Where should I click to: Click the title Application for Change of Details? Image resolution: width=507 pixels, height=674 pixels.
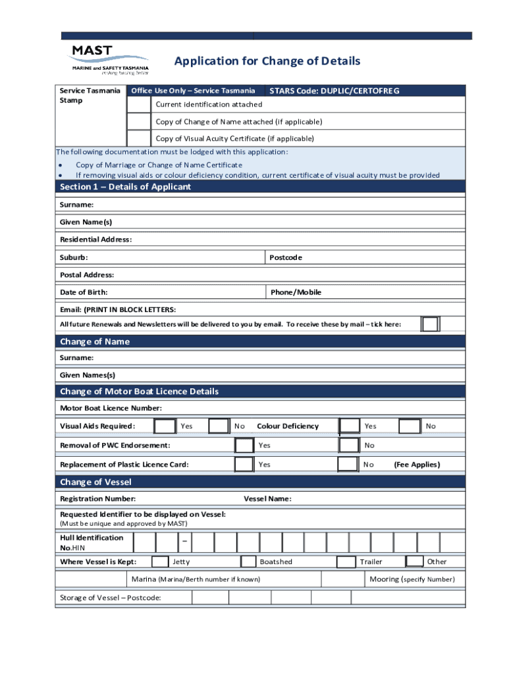tap(267, 61)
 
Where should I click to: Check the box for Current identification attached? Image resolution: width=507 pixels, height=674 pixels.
tap(138, 105)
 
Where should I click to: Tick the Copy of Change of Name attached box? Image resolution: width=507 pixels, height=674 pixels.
tap(138, 122)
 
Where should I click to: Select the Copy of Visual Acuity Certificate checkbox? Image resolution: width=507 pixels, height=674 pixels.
tap(138, 138)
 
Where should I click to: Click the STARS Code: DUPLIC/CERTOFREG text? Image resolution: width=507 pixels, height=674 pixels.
tap(334, 91)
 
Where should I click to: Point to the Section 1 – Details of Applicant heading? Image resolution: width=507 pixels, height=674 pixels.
tap(125, 187)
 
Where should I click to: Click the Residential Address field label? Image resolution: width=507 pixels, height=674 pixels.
tap(95, 240)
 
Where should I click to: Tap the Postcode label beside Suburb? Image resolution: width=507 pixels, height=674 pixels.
tap(286, 257)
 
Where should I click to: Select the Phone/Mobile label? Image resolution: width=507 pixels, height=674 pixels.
tap(296, 292)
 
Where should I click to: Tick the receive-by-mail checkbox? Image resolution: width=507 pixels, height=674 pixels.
tap(430, 324)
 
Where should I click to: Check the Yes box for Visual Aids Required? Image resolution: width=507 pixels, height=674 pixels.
tap(165, 426)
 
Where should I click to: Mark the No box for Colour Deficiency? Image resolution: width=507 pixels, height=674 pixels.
tap(410, 426)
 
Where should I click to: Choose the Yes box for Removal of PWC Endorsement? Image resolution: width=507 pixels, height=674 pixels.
tap(244, 445)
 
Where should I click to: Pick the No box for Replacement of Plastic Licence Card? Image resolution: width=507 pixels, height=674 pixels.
tap(348, 464)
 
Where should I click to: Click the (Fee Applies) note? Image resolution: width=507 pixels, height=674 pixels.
tap(417, 465)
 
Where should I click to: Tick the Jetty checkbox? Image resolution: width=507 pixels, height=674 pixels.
tap(160, 561)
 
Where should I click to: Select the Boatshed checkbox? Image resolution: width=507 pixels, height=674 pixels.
tap(248, 561)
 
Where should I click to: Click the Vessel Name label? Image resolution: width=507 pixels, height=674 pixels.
tap(267, 499)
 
